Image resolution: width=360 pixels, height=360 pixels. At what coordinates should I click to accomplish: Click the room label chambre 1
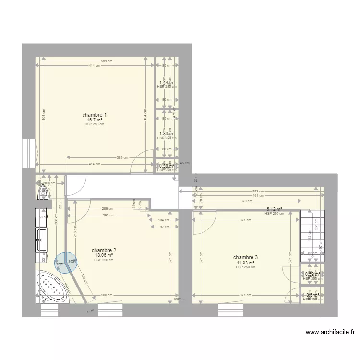(94, 115)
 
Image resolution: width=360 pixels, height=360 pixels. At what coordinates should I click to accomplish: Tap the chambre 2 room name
(104, 250)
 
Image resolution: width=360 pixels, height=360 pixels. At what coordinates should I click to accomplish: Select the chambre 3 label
(245, 257)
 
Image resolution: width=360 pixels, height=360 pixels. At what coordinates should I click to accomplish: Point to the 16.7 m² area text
(94, 120)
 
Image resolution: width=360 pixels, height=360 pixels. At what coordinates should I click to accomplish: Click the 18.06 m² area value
(104, 255)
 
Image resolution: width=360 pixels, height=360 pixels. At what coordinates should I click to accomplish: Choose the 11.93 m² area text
(245, 263)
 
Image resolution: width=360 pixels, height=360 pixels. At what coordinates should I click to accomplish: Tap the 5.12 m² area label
(274, 209)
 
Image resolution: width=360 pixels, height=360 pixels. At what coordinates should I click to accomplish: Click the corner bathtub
(52, 288)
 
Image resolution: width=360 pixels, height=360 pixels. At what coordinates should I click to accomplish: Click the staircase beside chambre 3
(312, 235)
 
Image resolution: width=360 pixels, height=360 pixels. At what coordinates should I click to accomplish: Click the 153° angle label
(72, 262)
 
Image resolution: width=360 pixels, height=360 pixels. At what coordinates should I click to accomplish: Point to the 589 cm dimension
(107, 61)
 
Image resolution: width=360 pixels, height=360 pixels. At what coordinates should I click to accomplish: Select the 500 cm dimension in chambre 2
(107, 296)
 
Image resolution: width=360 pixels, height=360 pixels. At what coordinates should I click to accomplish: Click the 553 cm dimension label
(258, 191)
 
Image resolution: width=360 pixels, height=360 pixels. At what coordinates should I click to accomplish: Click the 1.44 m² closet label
(166, 83)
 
